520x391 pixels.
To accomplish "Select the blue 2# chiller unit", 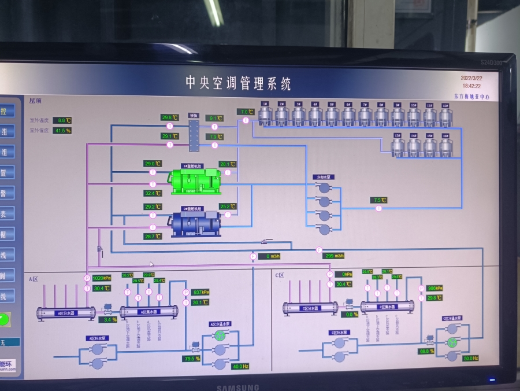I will tap(194, 222).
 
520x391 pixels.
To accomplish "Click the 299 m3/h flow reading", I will tap(333, 256).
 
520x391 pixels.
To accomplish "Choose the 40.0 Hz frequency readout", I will tap(240, 367).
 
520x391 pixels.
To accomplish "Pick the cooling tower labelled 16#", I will tap(445, 146).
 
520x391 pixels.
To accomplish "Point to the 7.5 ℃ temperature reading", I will tap(379, 200).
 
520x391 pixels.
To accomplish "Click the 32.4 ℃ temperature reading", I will tap(153, 193).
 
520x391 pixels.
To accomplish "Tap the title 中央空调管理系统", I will tap(238, 83).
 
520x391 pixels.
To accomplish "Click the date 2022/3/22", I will tap(471, 78).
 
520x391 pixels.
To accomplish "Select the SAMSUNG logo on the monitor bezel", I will tap(238, 387).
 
